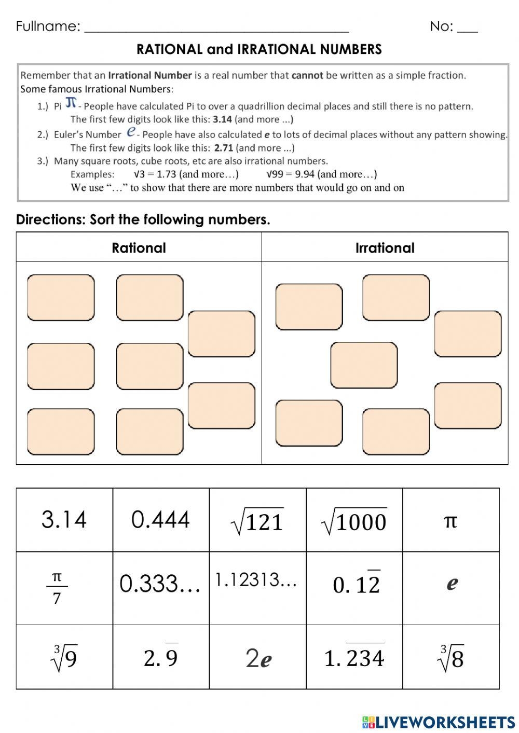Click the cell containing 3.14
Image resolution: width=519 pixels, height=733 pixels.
tap(64, 519)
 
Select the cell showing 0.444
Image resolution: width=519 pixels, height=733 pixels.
tap(160, 519)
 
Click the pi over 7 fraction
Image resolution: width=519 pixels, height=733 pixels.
tap(57, 588)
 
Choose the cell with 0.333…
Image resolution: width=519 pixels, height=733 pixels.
tap(160, 584)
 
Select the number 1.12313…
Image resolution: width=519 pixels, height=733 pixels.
tap(256, 580)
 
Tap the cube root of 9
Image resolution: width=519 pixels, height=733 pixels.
tap(64, 658)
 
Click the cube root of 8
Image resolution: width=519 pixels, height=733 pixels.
tap(450, 658)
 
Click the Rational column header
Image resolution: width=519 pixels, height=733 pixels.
tap(139, 247)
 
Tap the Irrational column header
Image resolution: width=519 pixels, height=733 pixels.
tap(385, 247)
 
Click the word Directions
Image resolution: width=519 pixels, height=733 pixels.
tap(49, 219)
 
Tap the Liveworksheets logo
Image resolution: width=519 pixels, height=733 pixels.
tap(439, 722)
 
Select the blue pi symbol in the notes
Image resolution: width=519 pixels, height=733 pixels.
tap(71, 102)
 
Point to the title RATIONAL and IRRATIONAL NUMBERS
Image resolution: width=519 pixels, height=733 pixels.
tap(259, 49)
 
